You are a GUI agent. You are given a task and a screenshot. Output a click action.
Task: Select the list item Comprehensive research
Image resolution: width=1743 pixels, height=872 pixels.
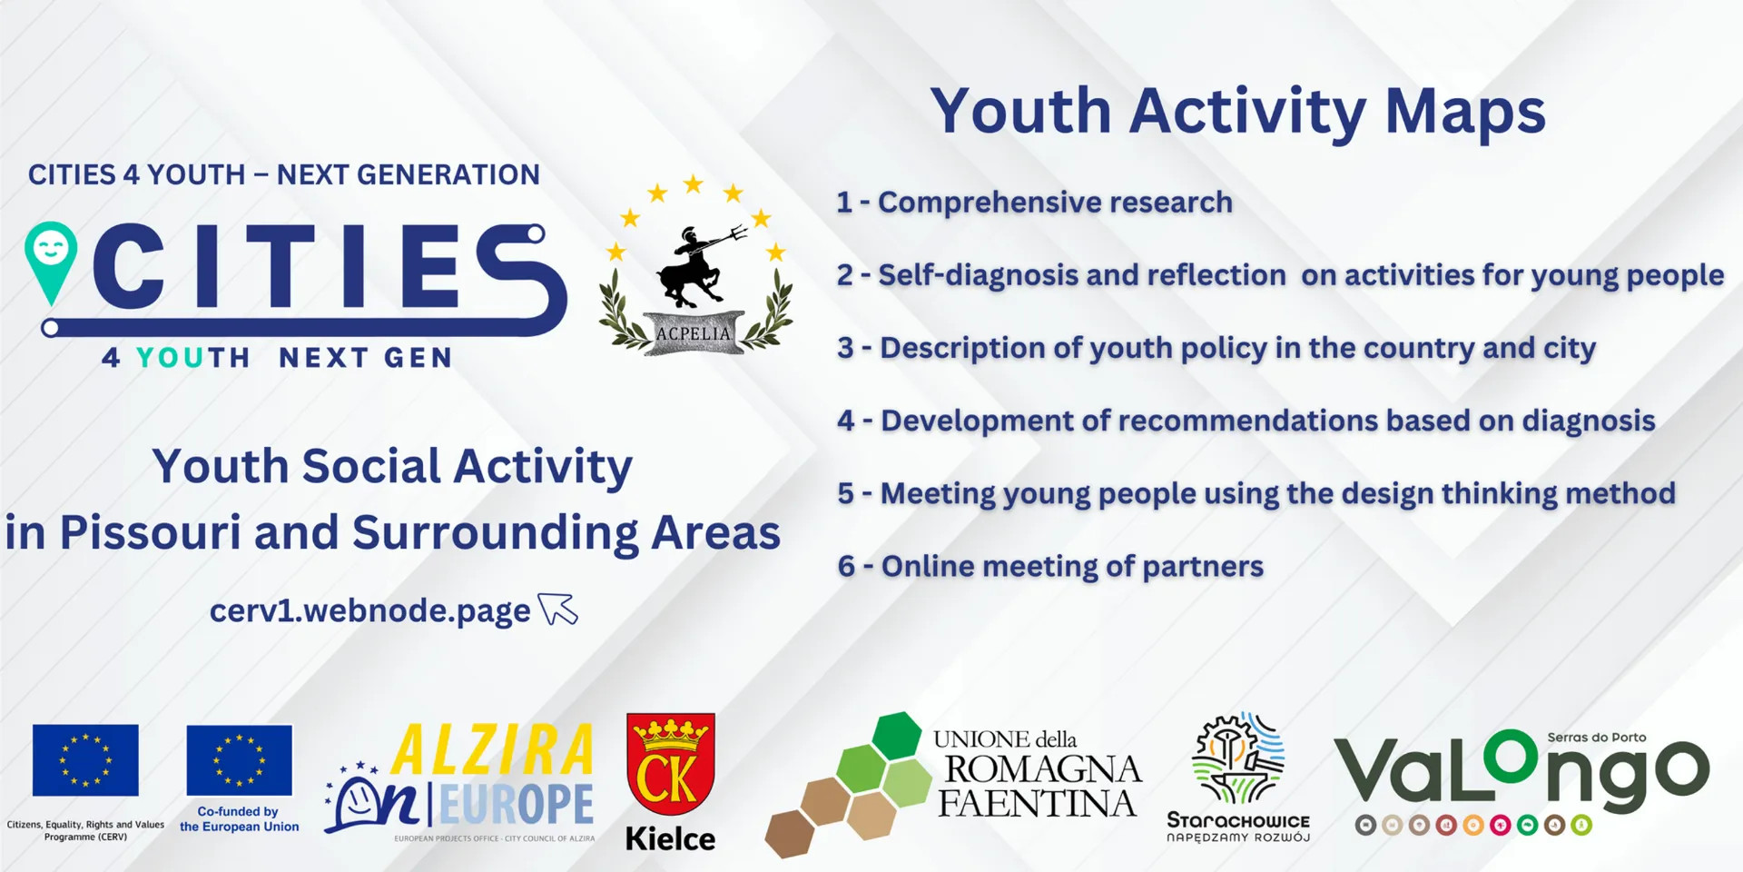point(1035,203)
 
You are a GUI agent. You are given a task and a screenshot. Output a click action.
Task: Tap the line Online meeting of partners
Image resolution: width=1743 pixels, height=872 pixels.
point(1050,567)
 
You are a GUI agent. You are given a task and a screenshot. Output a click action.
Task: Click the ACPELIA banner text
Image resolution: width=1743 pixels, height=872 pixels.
point(694,333)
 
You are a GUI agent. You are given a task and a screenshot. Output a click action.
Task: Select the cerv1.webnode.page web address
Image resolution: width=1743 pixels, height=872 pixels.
point(369,611)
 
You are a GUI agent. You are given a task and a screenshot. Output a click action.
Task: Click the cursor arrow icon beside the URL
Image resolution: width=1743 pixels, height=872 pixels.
point(557,609)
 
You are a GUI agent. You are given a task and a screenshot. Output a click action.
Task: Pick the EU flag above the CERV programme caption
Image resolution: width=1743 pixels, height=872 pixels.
point(85,760)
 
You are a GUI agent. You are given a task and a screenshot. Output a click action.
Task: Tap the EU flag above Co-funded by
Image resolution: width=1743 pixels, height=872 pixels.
point(240,760)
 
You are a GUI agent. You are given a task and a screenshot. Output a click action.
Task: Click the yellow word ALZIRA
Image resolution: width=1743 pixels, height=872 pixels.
point(492,750)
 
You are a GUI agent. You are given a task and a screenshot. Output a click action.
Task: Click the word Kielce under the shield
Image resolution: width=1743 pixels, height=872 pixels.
point(670,838)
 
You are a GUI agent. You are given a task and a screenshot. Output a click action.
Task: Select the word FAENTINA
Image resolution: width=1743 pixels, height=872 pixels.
point(1037,804)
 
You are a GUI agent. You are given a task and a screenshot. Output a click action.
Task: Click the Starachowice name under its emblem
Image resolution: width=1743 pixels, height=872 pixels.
point(1238,820)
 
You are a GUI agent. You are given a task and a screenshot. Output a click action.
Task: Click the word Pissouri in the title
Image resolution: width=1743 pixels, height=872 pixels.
point(150,533)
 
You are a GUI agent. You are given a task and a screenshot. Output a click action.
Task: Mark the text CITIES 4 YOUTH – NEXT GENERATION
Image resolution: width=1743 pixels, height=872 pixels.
point(284,174)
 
